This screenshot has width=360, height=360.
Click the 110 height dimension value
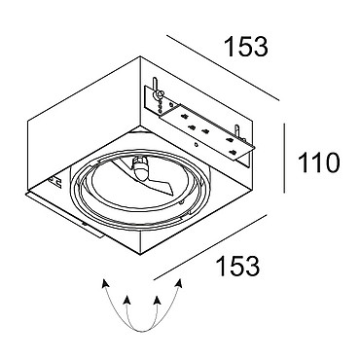click(319, 162)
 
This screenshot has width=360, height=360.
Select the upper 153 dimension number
click(247, 47)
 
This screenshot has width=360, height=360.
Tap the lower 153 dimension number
click(238, 267)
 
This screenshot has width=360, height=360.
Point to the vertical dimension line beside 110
click(284, 158)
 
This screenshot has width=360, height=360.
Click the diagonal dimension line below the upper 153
click(223, 68)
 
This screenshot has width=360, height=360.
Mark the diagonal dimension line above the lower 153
click(210, 247)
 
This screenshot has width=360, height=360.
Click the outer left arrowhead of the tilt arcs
click(105, 283)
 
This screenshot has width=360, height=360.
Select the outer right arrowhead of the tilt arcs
click(179, 283)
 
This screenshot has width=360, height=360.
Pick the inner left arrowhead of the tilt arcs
click(126, 300)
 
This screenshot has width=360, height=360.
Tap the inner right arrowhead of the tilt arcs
click(158, 300)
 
